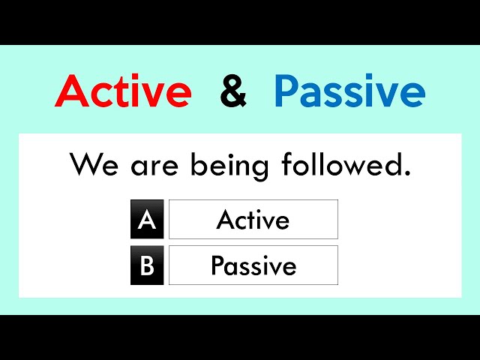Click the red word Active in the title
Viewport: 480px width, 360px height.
pyautogui.click(x=123, y=91)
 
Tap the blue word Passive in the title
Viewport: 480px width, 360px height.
pyautogui.click(x=349, y=91)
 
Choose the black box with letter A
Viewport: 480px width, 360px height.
pyautogui.click(x=147, y=220)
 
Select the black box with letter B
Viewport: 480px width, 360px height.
pyautogui.click(x=147, y=265)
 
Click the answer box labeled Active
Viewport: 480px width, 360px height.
pyautogui.click(x=253, y=220)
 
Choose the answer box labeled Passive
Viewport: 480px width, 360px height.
pyautogui.click(x=253, y=265)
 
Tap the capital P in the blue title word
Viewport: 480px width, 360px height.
pyautogui.click(x=289, y=91)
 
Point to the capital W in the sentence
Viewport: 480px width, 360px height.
pyautogui.click(x=85, y=165)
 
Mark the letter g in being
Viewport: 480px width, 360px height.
pyautogui.click(x=255, y=169)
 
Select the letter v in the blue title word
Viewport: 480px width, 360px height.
pyautogui.click(x=385, y=94)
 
